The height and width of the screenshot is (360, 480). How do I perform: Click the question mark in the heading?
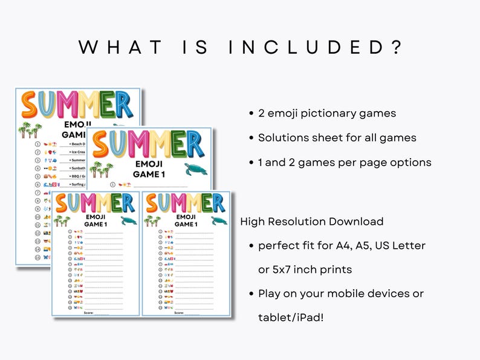(x=397, y=47)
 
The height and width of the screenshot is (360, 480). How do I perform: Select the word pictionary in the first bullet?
(x=326, y=114)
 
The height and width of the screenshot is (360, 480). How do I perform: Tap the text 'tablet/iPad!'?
(x=291, y=317)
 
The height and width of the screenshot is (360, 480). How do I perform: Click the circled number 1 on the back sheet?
(x=37, y=144)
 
